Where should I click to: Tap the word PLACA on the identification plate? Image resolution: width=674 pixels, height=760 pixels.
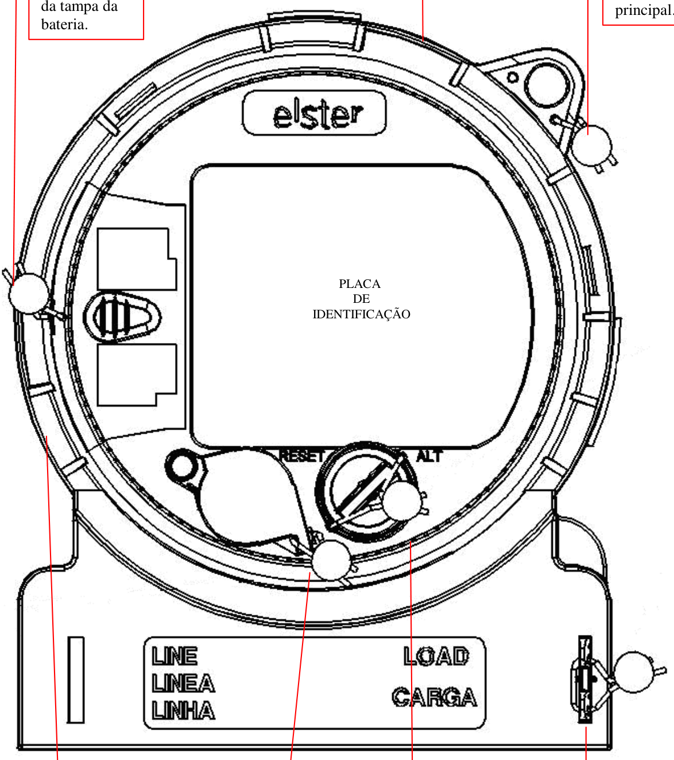point(360,283)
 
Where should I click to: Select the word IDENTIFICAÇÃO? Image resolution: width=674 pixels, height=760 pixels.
point(361,314)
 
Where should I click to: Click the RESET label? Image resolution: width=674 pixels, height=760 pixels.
point(301,457)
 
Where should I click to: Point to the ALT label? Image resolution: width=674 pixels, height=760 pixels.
point(429,456)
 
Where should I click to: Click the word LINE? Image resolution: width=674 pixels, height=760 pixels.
point(175,656)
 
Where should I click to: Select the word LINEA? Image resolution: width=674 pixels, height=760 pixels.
point(183,683)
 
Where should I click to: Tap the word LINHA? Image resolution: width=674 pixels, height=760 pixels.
point(183,711)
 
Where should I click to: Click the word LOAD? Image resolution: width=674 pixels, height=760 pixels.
point(436,656)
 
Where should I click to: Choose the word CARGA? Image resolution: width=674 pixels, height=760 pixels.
point(435,697)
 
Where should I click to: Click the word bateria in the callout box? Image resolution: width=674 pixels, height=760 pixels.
point(64,25)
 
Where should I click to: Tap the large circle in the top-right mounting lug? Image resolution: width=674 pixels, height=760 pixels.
point(547,85)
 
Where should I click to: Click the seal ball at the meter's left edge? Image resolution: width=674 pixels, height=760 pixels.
point(29,293)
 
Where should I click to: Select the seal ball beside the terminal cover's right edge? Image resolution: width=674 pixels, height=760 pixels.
point(634,672)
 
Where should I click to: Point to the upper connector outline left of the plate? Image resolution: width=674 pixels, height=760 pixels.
point(137,259)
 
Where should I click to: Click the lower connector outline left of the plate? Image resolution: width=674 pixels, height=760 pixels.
point(137,375)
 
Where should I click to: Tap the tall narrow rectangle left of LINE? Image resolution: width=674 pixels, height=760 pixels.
point(75,680)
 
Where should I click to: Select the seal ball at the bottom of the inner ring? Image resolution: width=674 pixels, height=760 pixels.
point(331,560)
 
